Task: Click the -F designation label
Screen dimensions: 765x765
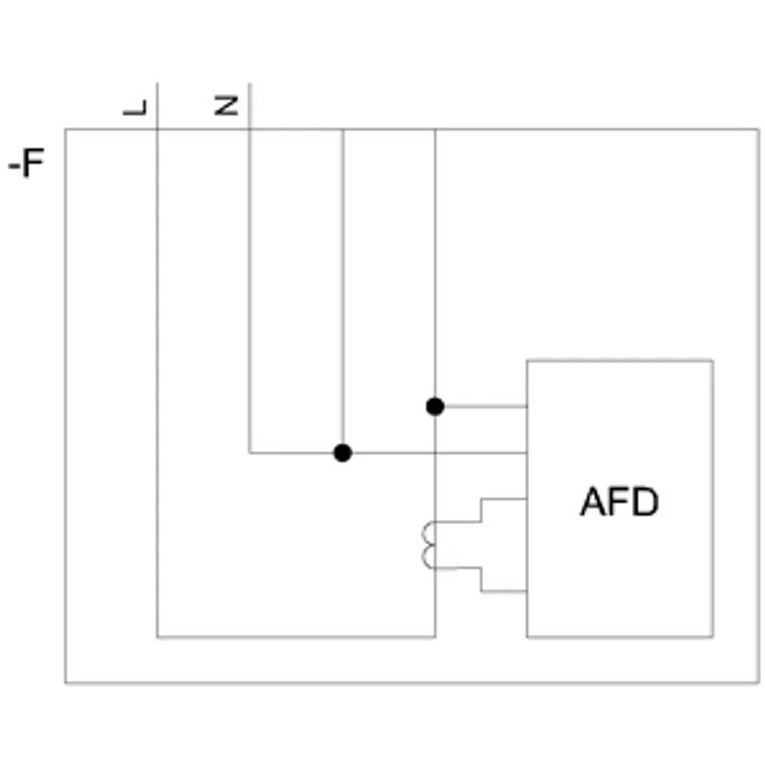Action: pos(27,163)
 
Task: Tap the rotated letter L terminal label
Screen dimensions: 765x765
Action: pos(135,108)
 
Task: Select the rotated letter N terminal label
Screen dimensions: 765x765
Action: pos(227,106)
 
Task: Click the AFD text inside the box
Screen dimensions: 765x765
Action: pos(620,501)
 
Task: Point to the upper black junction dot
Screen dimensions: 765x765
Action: pos(435,406)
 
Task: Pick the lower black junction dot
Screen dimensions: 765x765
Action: pos(342,452)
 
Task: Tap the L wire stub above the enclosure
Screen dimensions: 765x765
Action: pos(157,106)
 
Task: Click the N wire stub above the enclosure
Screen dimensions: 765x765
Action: pos(250,106)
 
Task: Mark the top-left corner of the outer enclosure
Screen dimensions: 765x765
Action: pos(65,129)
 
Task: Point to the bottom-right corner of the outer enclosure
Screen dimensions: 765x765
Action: pos(758,683)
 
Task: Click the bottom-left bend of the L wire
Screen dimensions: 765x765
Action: pos(157,637)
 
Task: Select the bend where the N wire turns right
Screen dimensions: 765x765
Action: pos(250,452)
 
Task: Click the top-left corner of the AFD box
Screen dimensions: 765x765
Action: pos(527,361)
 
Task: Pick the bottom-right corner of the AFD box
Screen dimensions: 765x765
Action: pos(712,637)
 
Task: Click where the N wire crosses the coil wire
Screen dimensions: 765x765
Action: pos(435,452)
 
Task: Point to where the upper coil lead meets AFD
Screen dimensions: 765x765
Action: pos(527,498)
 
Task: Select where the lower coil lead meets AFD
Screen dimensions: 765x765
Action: pos(527,591)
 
